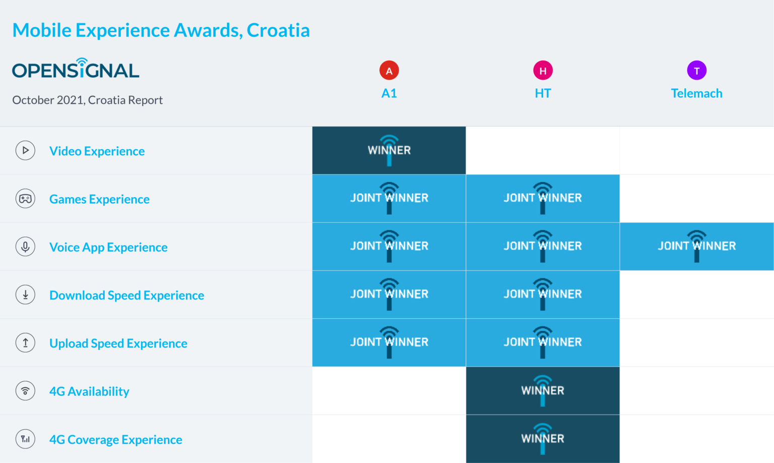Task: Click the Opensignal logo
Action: [76, 69]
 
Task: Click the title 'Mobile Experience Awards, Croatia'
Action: [161, 30]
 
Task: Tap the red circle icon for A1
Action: [389, 71]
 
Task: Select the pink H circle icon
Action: [543, 71]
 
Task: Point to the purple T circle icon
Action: [696, 71]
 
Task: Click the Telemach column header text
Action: [696, 93]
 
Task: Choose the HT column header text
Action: [543, 93]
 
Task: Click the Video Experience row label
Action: [97, 151]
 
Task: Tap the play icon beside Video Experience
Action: [25, 150]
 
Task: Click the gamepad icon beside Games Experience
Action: [25, 199]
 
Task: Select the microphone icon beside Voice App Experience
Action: [25, 247]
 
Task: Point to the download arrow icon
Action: [25, 295]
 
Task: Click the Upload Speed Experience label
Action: [118, 343]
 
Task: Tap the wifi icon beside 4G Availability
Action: [25, 391]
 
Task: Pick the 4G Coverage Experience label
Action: [115, 440]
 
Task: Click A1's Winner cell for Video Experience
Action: [389, 150]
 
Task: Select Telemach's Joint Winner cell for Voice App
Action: [696, 247]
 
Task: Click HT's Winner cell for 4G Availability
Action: [543, 391]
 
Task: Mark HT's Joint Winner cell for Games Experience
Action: [543, 199]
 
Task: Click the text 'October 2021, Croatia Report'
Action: [87, 100]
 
